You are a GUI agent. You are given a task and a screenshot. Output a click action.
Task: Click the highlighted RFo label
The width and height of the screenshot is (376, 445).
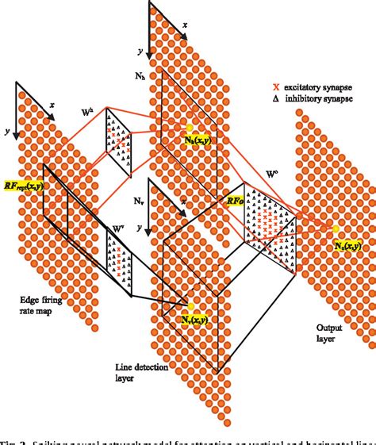(x=234, y=201)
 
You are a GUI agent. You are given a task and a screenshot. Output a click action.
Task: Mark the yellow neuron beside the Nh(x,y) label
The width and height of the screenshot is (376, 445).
(x=190, y=127)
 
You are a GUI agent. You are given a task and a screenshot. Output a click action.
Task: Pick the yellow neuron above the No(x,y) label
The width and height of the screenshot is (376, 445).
(x=336, y=230)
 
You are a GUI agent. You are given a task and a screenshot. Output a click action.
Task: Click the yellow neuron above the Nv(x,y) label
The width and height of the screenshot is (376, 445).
(x=190, y=304)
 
